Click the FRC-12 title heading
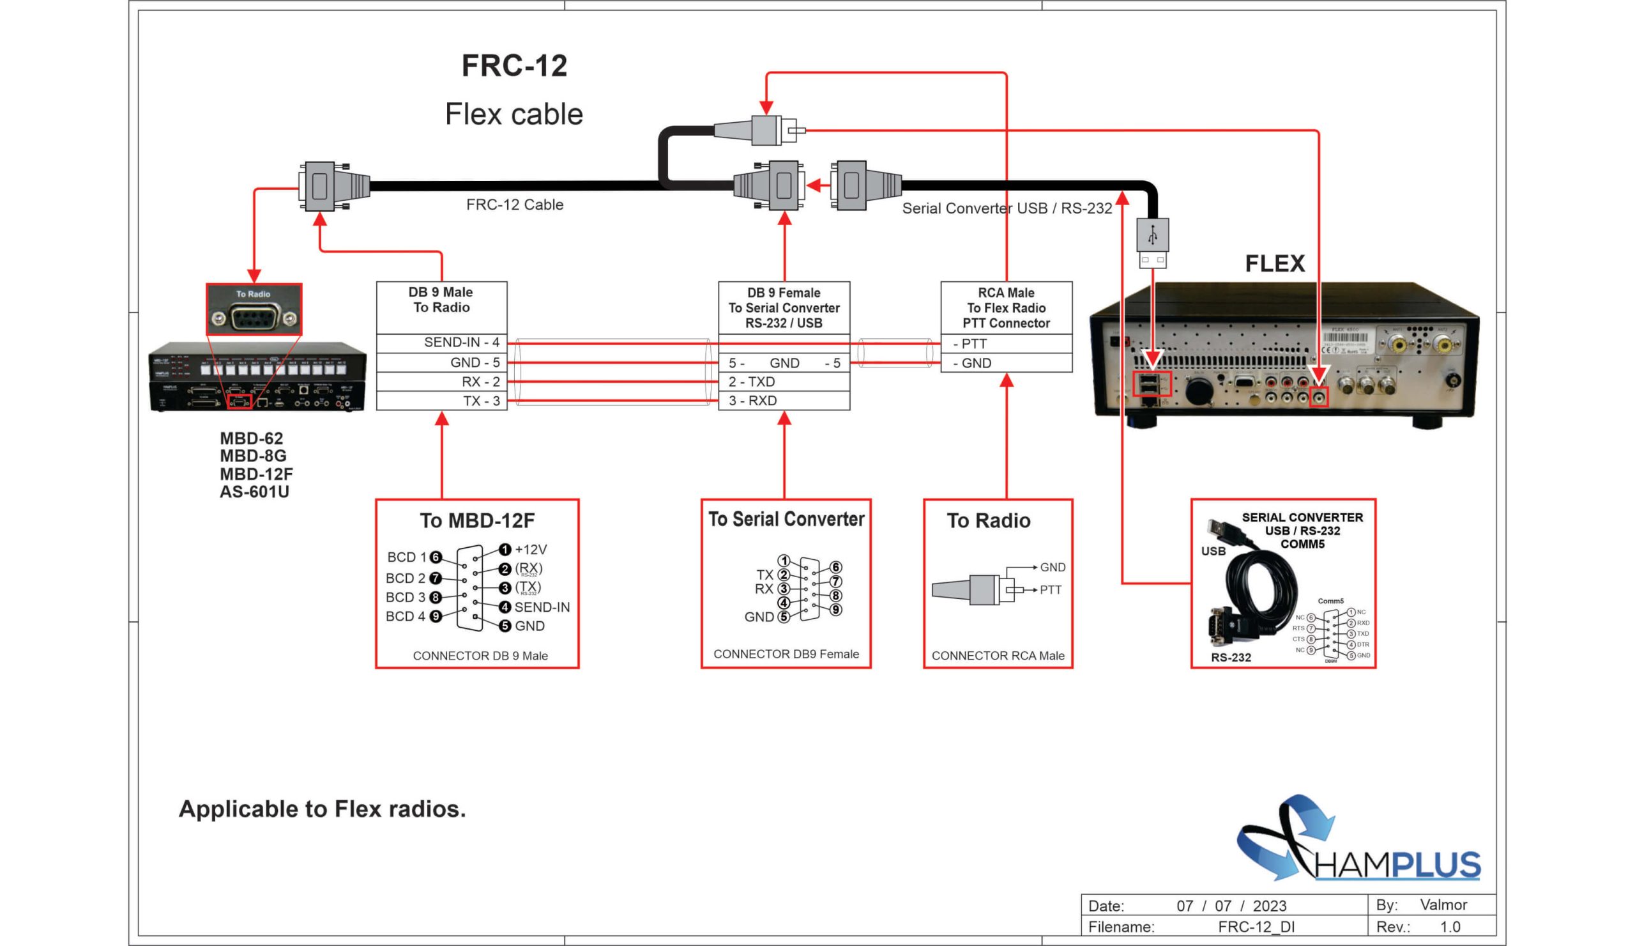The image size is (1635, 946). tap(514, 66)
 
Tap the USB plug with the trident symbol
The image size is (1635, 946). tap(1152, 236)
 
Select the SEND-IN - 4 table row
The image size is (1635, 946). tap(441, 342)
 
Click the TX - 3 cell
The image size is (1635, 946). tap(441, 401)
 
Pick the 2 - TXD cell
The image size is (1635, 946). tap(784, 382)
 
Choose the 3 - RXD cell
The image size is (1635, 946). tap(784, 401)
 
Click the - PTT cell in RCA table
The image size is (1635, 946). tap(1006, 343)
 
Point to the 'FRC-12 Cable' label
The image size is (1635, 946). tap(515, 205)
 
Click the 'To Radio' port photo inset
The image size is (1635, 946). tap(254, 310)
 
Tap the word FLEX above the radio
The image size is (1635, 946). tap(1274, 263)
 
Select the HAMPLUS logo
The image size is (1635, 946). tap(1359, 841)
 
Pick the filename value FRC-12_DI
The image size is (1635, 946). tap(1256, 927)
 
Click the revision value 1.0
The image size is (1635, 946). tap(1450, 927)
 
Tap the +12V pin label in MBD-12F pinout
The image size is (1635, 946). tap(530, 549)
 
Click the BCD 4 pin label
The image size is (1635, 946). tap(406, 616)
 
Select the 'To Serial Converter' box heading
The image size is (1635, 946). tap(786, 519)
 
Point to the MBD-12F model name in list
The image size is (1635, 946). tap(256, 474)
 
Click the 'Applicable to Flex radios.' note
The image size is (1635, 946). tap(322, 809)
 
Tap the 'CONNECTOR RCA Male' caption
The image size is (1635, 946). tap(997, 656)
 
